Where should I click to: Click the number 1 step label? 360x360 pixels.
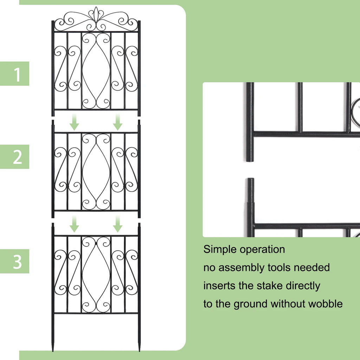pyautogui.click(x=17, y=75)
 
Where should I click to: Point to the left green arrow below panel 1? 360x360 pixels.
pyautogui.click(x=74, y=122)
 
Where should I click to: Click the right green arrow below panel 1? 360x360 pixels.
pyautogui.click(x=118, y=122)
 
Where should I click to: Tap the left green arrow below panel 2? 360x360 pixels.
pyautogui.click(x=74, y=224)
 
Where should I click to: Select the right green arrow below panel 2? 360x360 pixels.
pyautogui.click(x=118, y=224)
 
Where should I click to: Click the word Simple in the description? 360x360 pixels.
pyautogui.click(x=220, y=250)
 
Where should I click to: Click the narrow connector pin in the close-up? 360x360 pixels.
pyautogui.click(x=250, y=190)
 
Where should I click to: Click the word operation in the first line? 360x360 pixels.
pyautogui.click(x=262, y=250)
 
